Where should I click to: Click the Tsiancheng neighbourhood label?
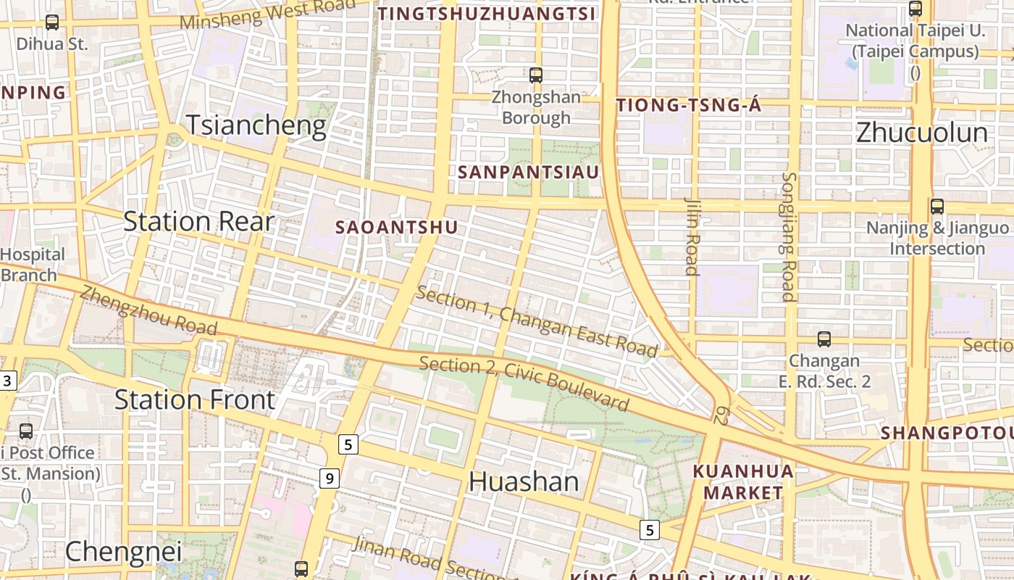[256, 126]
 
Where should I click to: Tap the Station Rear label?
[198, 221]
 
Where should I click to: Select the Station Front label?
[195, 399]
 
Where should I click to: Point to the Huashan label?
[524, 481]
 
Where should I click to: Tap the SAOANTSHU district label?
[396, 228]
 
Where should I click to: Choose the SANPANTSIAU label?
[529, 173]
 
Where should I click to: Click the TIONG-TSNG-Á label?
[688, 106]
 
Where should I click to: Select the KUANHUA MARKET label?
[742, 482]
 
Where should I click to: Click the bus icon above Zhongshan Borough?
[536, 75]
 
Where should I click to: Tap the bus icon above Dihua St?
[52, 22]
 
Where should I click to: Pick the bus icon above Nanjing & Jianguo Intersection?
[937, 207]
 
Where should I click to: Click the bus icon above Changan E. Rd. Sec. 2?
[824, 339]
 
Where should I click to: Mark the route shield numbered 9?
[330, 478]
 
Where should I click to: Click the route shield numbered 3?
[7, 381]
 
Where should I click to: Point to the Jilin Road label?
[692, 236]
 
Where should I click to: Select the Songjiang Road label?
[789, 236]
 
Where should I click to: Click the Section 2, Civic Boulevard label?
[524, 382]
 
